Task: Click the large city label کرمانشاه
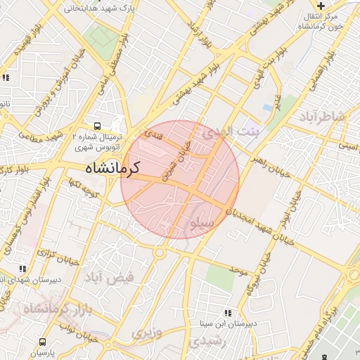(x=112, y=168)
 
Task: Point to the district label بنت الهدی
(x=231, y=131)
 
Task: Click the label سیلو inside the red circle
(x=201, y=223)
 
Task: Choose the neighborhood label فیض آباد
(x=109, y=278)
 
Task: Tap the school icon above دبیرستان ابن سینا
(x=226, y=313)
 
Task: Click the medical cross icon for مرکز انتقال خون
(x=321, y=6)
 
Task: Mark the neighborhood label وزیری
(x=148, y=332)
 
